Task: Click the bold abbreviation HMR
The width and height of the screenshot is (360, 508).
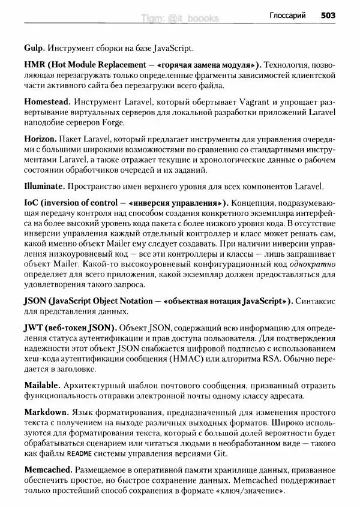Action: click(x=35, y=64)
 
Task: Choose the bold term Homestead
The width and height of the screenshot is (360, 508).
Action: click(x=47, y=102)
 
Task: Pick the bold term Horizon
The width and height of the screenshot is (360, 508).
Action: click(x=41, y=140)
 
